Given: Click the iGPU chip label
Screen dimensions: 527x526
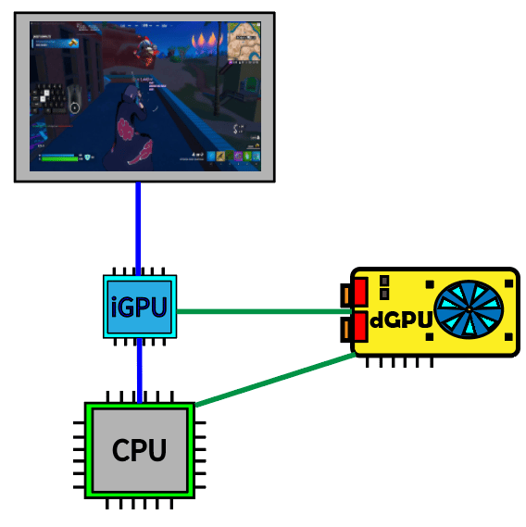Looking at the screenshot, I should [x=139, y=307].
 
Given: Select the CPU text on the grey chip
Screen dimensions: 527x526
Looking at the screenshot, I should [x=139, y=451].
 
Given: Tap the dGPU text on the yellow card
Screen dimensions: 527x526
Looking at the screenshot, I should [x=401, y=320].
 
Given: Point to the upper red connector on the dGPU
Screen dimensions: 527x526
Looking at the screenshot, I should [x=360, y=291].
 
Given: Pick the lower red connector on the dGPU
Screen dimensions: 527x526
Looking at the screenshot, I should [x=360, y=327].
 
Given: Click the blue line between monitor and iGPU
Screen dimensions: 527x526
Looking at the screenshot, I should [x=139, y=227].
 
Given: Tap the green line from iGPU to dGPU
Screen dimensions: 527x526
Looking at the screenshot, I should [x=259, y=311].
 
